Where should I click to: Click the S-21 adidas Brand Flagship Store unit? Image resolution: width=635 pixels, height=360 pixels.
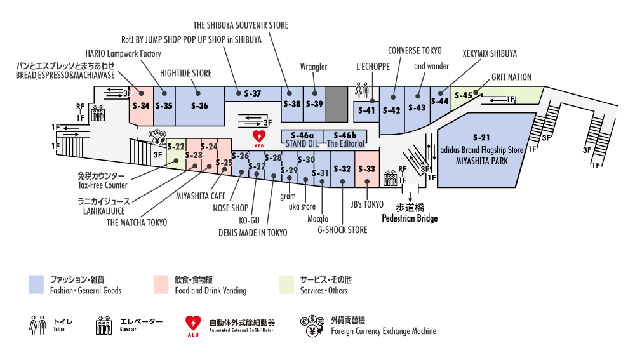tap(482, 150)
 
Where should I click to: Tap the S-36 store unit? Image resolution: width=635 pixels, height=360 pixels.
tap(199, 106)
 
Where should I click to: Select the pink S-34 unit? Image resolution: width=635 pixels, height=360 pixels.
tap(142, 106)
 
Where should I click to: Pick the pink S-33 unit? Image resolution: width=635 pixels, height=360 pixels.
tap(367, 170)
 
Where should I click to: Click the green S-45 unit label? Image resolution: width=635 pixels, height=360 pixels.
tap(464, 96)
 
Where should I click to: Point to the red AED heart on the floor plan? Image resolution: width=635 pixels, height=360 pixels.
tap(259, 137)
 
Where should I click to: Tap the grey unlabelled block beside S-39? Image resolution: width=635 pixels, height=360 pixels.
tap(337, 104)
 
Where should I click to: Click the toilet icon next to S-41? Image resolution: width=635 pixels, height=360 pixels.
tap(362, 90)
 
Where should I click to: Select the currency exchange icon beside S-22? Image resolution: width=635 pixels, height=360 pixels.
tap(157, 137)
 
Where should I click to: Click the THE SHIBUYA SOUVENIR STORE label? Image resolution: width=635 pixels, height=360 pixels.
tap(241, 25)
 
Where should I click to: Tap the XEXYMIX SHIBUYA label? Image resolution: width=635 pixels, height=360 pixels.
tap(490, 53)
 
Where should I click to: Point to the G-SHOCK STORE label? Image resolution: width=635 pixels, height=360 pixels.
tap(342, 230)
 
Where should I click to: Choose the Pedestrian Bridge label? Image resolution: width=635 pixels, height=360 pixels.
tap(410, 218)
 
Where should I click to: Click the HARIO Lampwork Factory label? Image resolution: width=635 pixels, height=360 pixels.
tap(123, 53)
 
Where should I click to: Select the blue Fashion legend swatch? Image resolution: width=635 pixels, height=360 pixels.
tap(36, 284)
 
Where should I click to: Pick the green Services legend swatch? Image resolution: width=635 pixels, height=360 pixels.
tap(286, 284)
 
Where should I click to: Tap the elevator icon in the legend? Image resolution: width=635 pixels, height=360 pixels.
tap(104, 325)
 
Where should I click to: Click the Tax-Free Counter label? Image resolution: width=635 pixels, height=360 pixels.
tap(102, 185)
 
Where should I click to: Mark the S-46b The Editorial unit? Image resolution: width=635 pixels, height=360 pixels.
tap(345, 138)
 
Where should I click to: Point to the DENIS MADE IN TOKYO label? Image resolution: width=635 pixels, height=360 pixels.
tap(253, 233)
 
